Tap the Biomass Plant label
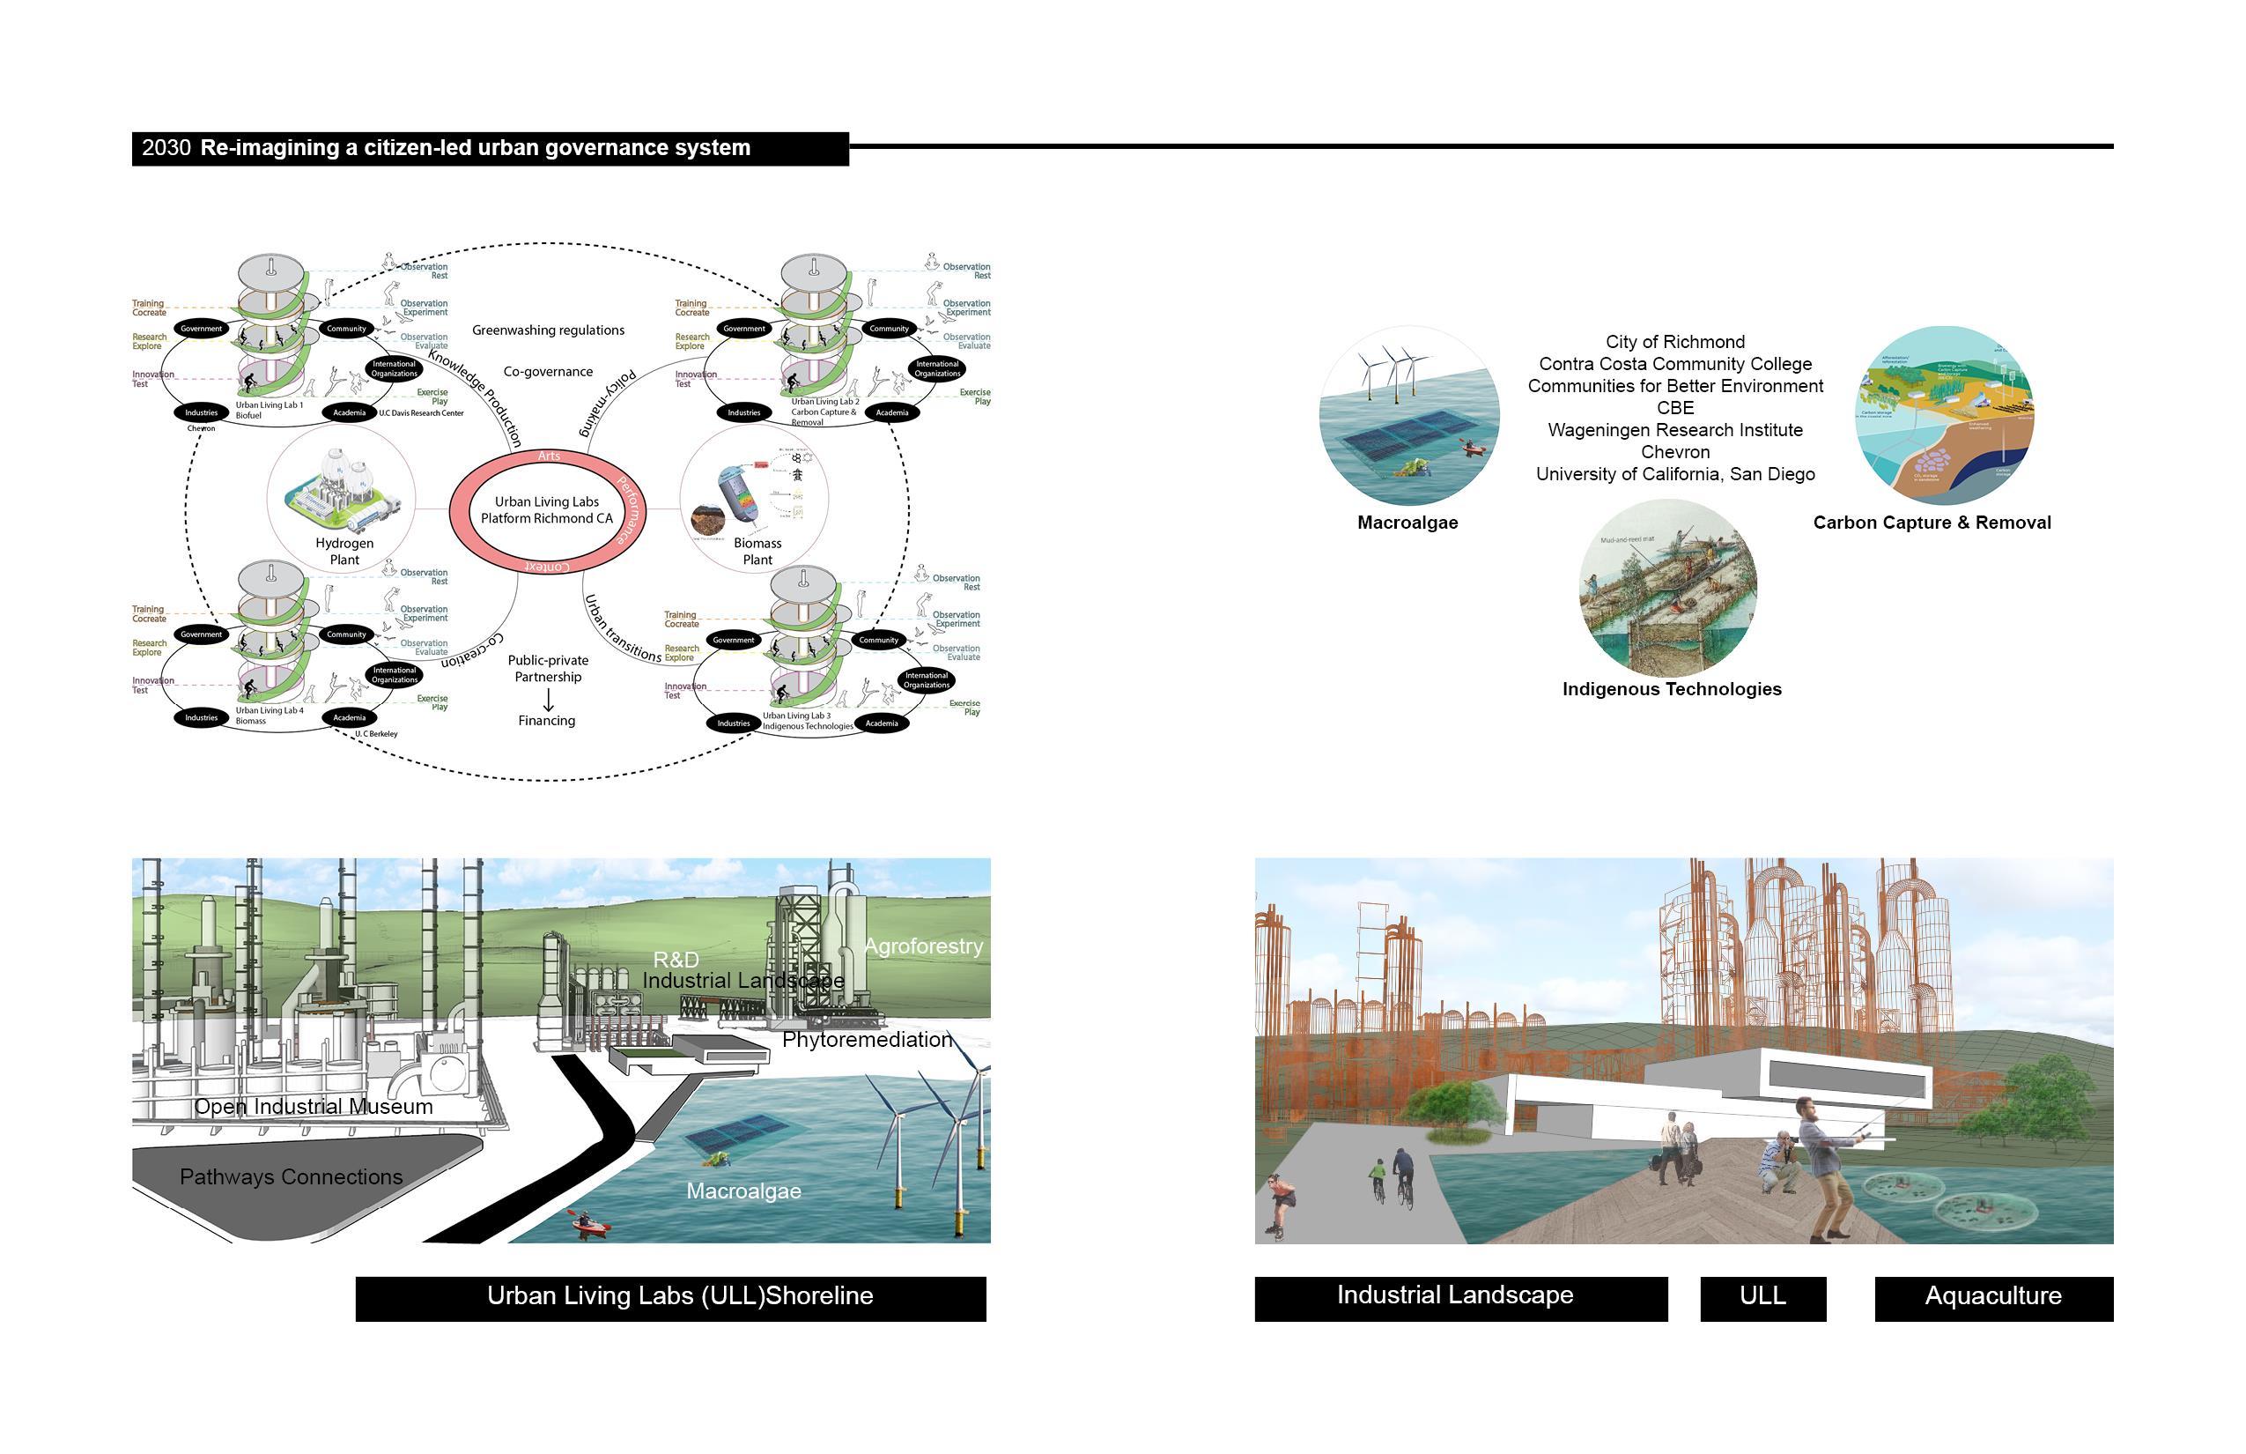tap(757, 552)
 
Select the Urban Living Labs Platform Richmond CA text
tap(546, 510)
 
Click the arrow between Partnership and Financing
tap(547, 700)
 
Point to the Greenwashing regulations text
tap(547, 330)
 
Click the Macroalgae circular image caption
tap(1407, 523)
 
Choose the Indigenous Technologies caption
tap(1672, 689)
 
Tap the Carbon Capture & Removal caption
tap(1931, 523)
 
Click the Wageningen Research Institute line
tap(1675, 431)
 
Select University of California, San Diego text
tap(1675, 474)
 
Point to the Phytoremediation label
tap(867, 1040)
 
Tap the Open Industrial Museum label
tap(314, 1107)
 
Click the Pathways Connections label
tap(291, 1177)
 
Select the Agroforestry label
tap(923, 946)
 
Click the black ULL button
tap(1762, 1296)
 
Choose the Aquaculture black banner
tap(1992, 1296)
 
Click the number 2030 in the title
tap(166, 148)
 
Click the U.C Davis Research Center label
tap(421, 413)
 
